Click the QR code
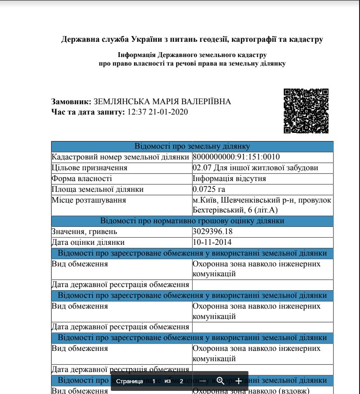coord(306,111)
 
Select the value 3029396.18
coord(212,232)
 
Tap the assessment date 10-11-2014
coord(212,243)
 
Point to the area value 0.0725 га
coord(209,189)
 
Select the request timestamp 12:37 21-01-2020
coord(158,111)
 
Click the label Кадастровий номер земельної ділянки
coord(121,157)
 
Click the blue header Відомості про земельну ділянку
coord(192,146)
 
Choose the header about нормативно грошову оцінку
coord(192,221)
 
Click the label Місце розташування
coord(88,200)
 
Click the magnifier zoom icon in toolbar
coord(220,381)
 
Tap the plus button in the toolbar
coord(238,381)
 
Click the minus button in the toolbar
coord(202,381)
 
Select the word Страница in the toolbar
coord(129,381)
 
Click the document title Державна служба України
coord(192,40)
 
